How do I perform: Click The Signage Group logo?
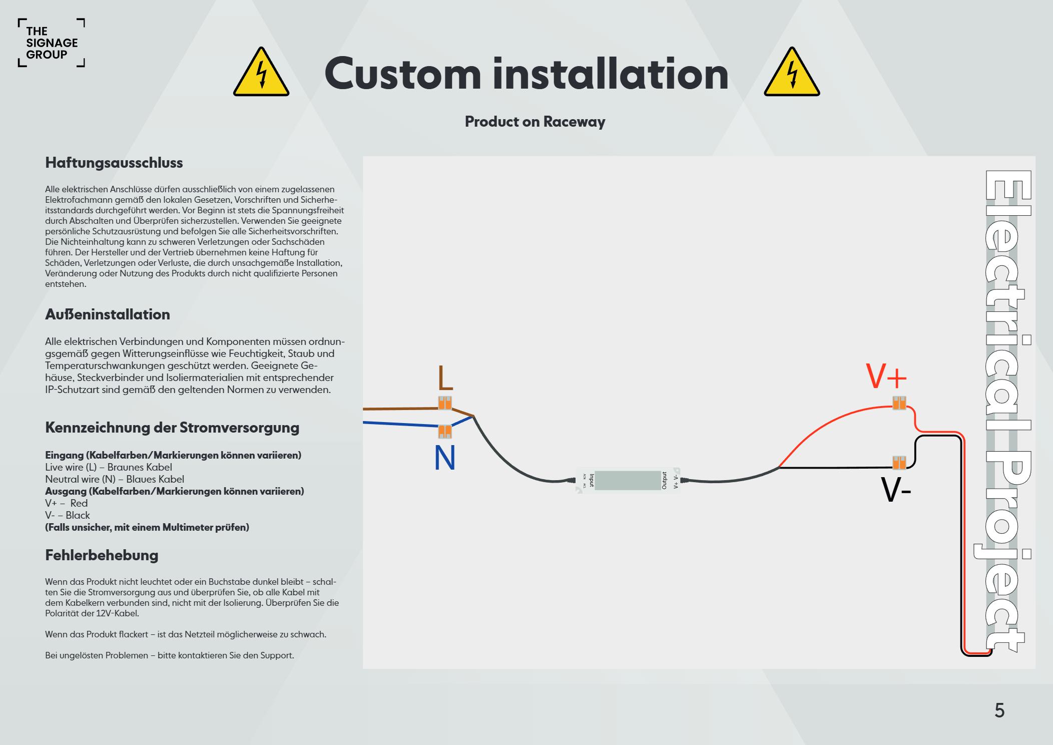(x=51, y=43)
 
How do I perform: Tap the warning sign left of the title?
(x=261, y=73)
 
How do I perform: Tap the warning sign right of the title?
(x=791, y=73)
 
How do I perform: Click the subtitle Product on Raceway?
(x=535, y=122)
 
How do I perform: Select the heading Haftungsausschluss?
(x=114, y=163)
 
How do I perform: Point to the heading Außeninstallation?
(x=108, y=314)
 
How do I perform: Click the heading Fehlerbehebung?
(x=102, y=555)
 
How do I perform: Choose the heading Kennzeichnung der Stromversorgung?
(x=172, y=428)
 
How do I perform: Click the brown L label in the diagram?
(x=445, y=379)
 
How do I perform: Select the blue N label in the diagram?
(x=444, y=458)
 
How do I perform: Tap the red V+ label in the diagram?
(x=886, y=377)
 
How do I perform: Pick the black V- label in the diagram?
(x=895, y=491)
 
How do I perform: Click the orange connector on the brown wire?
(x=445, y=403)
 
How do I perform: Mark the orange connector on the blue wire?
(x=444, y=431)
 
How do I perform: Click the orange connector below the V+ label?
(x=899, y=403)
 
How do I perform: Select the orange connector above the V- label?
(x=899, y=462)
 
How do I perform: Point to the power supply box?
(x=628, y=481)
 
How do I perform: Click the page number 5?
(x=999, y=710)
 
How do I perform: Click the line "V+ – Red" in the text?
(x=67, y=503)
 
